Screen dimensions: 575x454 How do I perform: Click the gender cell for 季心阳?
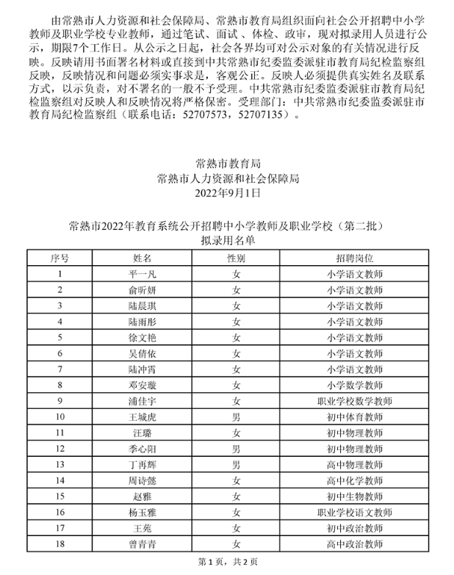[236, 448]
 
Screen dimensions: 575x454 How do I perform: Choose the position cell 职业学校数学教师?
[355, 401]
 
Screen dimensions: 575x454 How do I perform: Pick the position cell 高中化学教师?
[355, 480]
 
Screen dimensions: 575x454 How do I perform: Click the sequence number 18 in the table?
[60, 544]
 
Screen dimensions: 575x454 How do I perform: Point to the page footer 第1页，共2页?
[227, 564]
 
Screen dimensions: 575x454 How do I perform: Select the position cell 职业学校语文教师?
[355, 512]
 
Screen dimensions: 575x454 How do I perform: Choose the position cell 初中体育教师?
[355, 416]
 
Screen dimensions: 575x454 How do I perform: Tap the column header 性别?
[236, 258]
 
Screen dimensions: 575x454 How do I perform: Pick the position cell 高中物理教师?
[355, 464]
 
